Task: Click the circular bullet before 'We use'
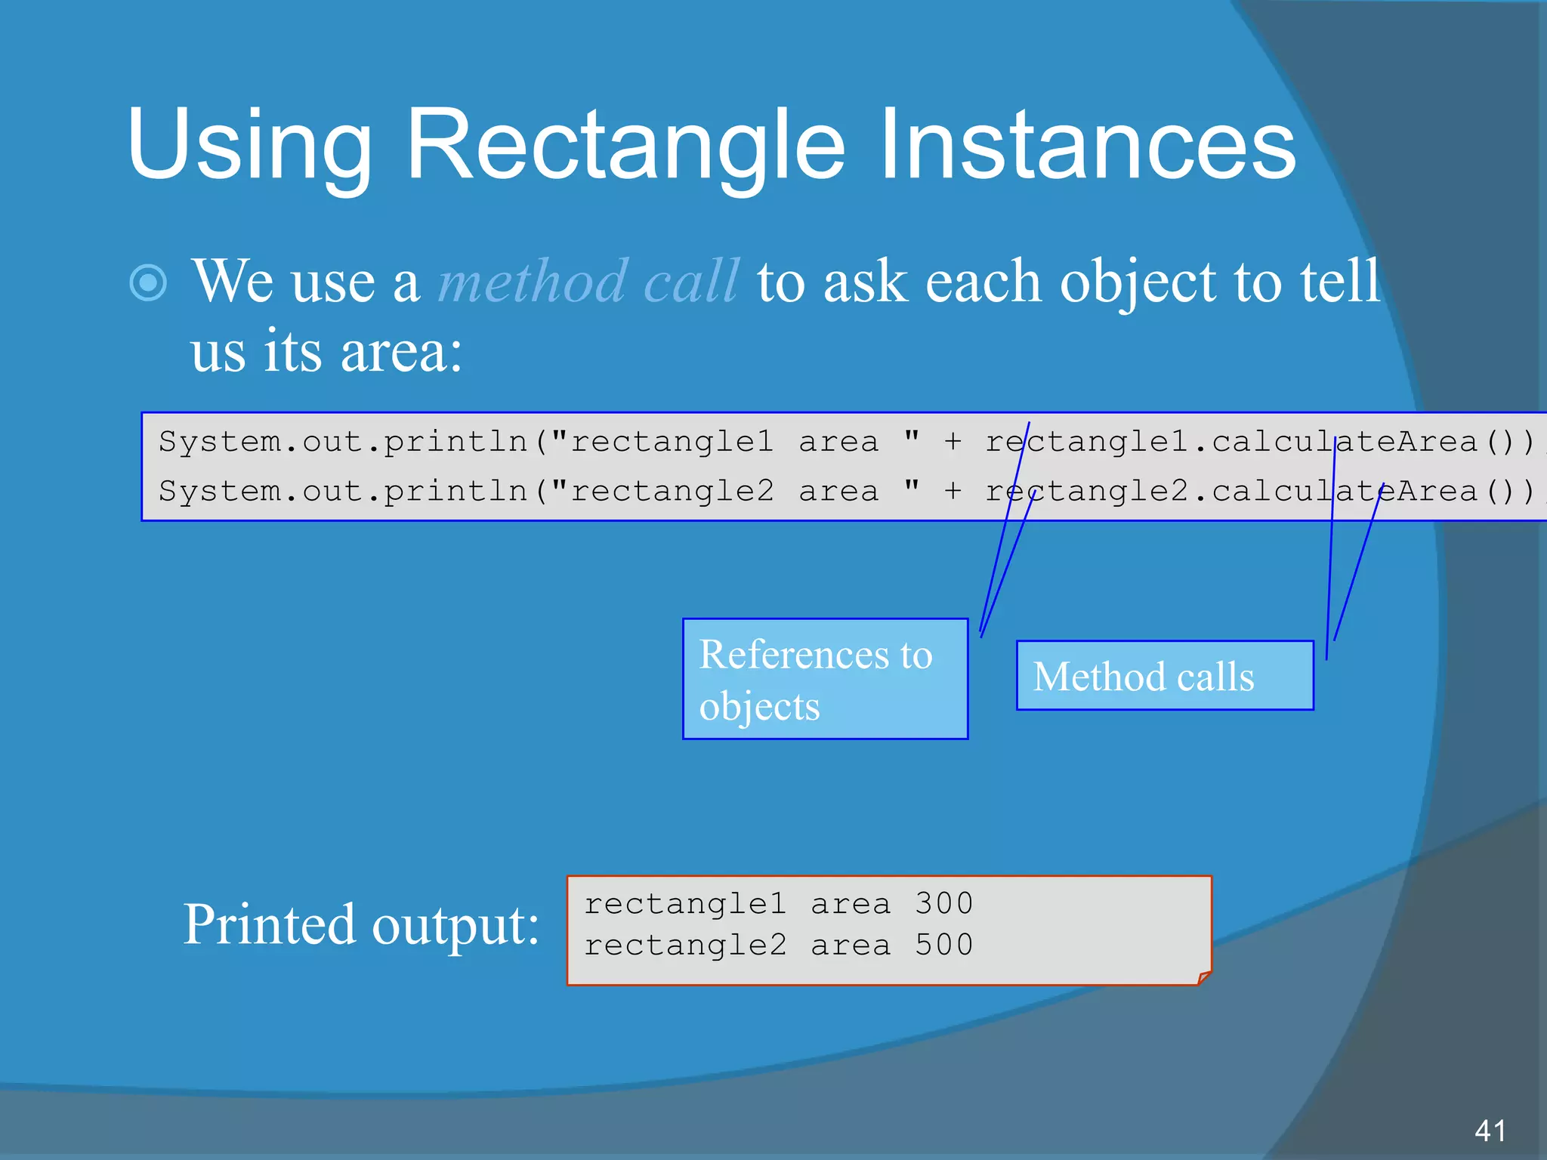[149, 283]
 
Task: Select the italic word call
[691, 281]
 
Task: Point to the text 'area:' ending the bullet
[400, 353]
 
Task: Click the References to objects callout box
[825, 679]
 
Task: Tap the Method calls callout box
[1165, 676]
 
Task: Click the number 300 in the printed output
[944, 903]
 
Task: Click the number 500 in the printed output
[944, 945]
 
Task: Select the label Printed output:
[361, 925]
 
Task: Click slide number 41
[1490, 1131]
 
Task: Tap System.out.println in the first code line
[344, 441]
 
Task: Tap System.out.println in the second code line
[344, 491]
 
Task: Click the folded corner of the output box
[1204, 978]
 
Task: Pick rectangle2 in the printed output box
[685, 945]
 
